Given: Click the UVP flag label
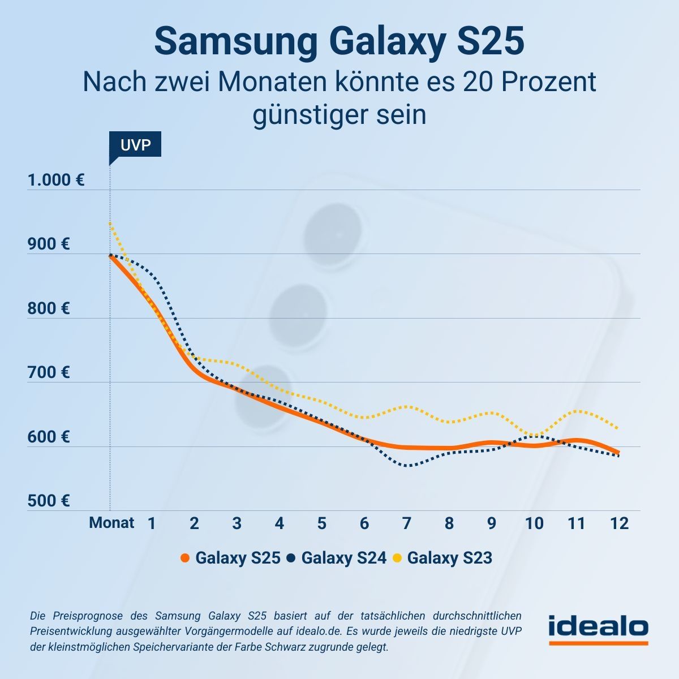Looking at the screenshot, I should (x=135, y=145).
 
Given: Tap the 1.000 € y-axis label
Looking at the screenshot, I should (x=56, y=181).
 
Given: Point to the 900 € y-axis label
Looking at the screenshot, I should (x=49, y=244).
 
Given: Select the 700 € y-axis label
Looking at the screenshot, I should (x=49, y=373).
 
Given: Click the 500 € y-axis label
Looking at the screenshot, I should (x=49, y=501).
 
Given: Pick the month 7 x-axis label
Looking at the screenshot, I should (x=406, y=523).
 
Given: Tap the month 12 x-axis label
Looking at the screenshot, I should (x=620, y=523).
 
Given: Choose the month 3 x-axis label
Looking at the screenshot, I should (x=237, y=523).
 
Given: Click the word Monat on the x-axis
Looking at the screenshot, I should (x=111, y=523).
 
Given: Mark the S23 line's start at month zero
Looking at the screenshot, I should (x=110, y=224).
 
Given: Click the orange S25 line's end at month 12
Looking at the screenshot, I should (x=618, y=453).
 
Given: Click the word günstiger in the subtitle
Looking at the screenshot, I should (x=308, y=115).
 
